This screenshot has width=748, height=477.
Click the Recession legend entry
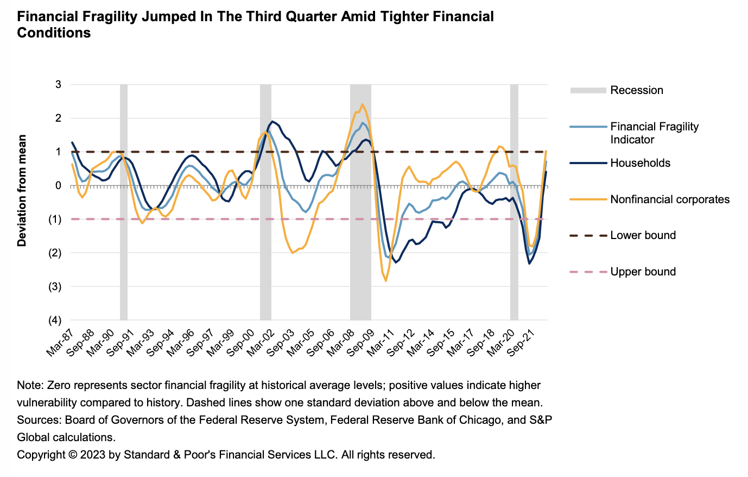coord(636,90)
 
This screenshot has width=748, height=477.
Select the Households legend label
coord(640,163)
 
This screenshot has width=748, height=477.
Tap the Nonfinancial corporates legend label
coord(669,199)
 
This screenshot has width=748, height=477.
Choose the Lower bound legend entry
coord(643,235)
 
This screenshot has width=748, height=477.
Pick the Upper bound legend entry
coord(643,272)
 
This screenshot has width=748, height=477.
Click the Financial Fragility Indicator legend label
coord(654,133)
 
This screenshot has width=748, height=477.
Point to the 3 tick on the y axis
coord(58,85)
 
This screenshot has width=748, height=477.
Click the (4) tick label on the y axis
coord(55,321)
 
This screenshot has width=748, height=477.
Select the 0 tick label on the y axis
coord(58,186)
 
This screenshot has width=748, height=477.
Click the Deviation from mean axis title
coord(22,191)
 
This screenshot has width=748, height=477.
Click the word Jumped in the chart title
coord(169,16)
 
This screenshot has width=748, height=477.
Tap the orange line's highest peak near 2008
coord(362,104)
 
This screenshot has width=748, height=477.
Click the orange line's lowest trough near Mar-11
coord(386,281)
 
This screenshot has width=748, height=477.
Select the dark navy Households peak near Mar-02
coord(272,121)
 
